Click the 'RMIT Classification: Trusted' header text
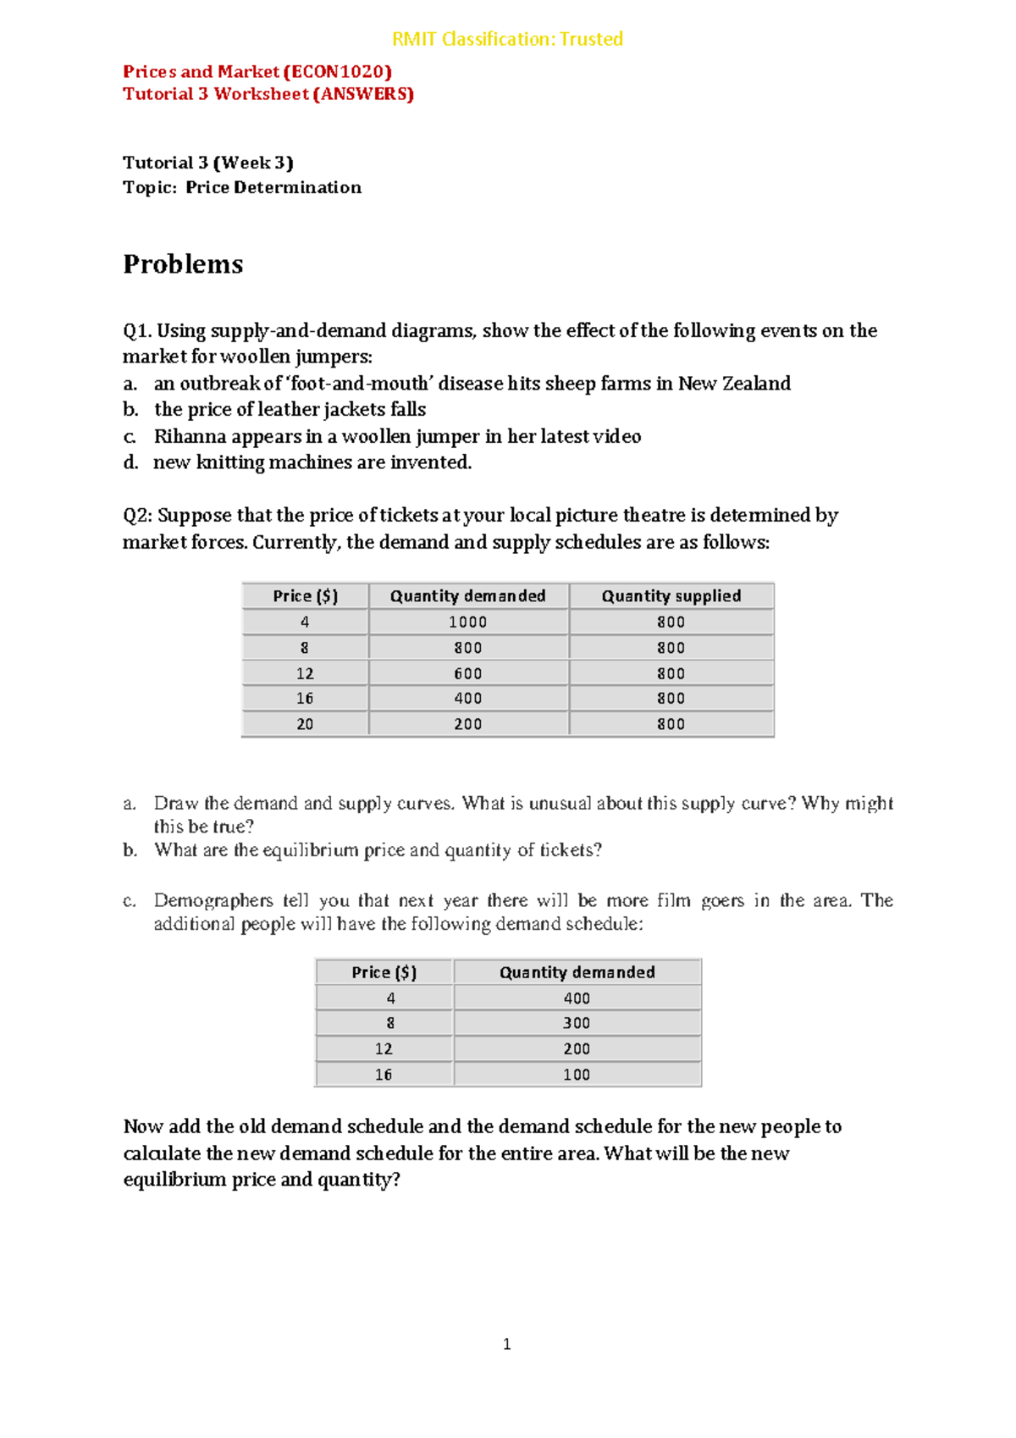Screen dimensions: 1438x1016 (x=507, y=39)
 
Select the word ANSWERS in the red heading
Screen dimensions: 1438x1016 (x=363, y=94)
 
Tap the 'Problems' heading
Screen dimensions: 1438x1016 (x=183, y=264)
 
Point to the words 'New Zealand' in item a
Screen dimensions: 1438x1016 (x=734, y=384)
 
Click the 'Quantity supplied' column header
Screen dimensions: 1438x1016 (x=671, y=596)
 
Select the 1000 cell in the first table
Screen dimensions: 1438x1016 (x=467, y=622)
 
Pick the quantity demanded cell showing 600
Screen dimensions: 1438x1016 (x=467, y=674)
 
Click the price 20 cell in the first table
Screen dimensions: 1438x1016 (x=305, y=725)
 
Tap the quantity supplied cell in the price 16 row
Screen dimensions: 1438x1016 (x=671, y=699)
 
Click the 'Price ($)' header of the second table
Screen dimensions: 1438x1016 (x=384, y=973)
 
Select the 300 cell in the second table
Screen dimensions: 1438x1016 (x=577, y=1024)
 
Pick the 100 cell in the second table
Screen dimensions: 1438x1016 (x=577, y=1075)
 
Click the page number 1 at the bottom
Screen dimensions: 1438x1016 (x=506, y=1344)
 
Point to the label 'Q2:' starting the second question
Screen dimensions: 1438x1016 (x=138, y=516)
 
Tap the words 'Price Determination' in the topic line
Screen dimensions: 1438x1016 (x=273, y=188)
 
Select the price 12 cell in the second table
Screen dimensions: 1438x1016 (x=384, y=1049)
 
